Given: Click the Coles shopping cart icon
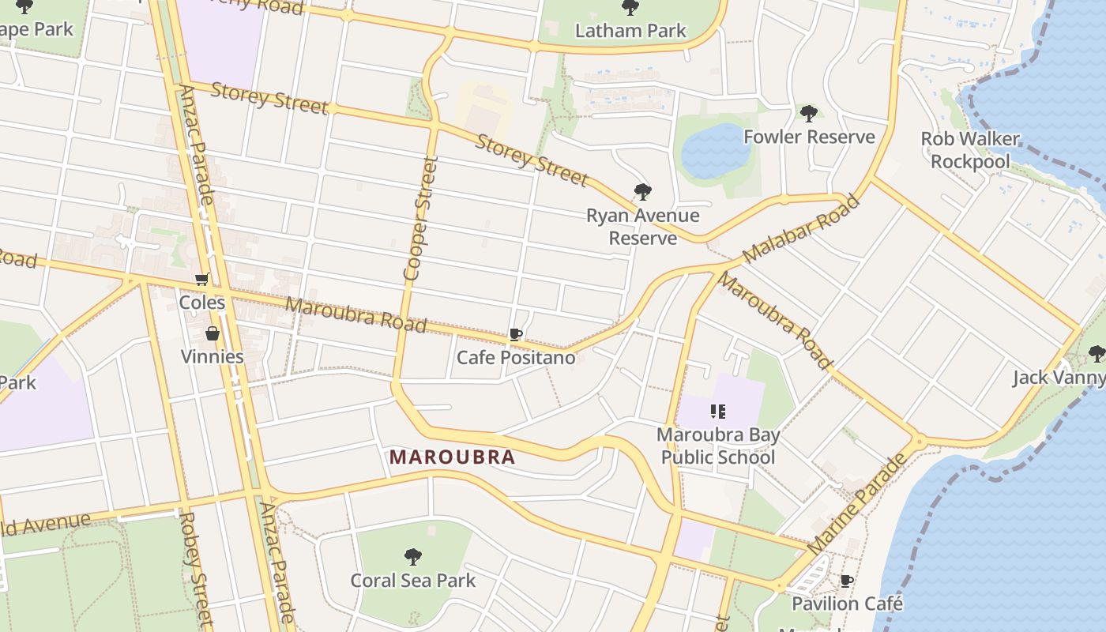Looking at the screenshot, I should pyautogui.click(x=202, y=280).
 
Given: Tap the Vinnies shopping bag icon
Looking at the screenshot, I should pyautogui.click(x=212, y=333).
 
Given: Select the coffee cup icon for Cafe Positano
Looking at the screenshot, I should pyautogui.click(x=516, y=335).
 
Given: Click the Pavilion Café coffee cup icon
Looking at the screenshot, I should pyautogui.click(x=847, y=581).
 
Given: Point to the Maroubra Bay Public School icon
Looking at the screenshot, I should pyautogui.click(x=717, y=411).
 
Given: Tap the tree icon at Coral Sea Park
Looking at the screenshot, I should pyautogui.click(x=412, y=557).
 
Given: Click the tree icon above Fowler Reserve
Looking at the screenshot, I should pyautogui.click(x=808, y=114).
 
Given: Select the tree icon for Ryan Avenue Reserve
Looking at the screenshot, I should pyautogui.click(x=642, y=192).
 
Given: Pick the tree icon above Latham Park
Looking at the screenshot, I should pyautogui.click(x=630, y=8).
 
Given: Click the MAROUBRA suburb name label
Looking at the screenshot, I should pyautogui.click(x=452, y=457).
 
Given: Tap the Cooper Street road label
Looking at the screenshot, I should pyautogui.click(x=419, y=219).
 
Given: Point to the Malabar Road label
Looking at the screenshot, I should pyautogui.click(x=800, y=229).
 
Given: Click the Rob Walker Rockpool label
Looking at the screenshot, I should pyautogui.click(x=970, y=150).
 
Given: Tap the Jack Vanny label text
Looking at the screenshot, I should pyautogui.click(x=1059, y=378).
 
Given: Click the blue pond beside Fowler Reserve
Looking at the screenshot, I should pyautogui.click(x=716, y=150).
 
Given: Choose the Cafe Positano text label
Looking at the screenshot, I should pyautogui.click(x=516, y=358).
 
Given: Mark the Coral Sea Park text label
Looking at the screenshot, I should pyautogui.click(x=413, y=581).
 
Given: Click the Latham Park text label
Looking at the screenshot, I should pyautogui.click(x=630, y=31).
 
